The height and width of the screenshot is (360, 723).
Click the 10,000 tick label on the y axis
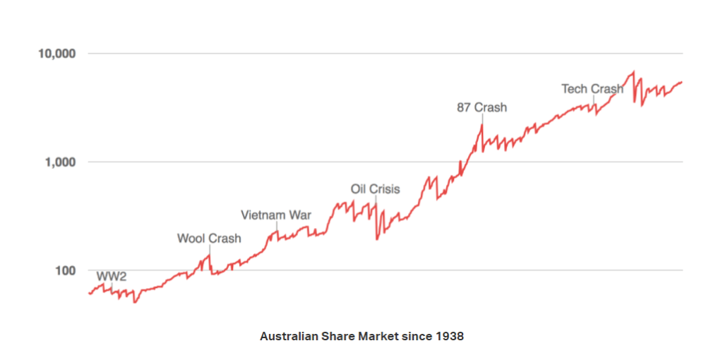click(x=56, y=54)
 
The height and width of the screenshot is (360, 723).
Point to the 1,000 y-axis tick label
click(x=59, y=162)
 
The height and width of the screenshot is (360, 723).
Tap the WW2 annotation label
click(x=111, y=275)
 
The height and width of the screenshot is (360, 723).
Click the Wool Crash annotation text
click(x=209, y=239)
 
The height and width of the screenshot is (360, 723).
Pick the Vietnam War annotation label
click(x=275, y=215)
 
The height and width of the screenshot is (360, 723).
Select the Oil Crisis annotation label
click(x=375, y=189)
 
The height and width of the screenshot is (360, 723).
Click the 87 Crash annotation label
click(x=482, y=108)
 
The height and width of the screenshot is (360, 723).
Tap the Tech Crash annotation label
click(x=592, y=89)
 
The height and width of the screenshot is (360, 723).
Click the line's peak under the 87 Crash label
click(x=482, y=125)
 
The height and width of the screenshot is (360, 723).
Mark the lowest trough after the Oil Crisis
click(x=377, y=239)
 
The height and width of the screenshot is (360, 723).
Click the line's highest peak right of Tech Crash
click(x=633, y=71)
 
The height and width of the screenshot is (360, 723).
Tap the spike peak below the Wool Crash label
click(x=209, y=256)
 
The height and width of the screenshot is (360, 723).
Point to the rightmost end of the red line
click(x=682, y=82)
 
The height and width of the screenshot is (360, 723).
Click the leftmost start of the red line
click(x=88, y=293)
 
